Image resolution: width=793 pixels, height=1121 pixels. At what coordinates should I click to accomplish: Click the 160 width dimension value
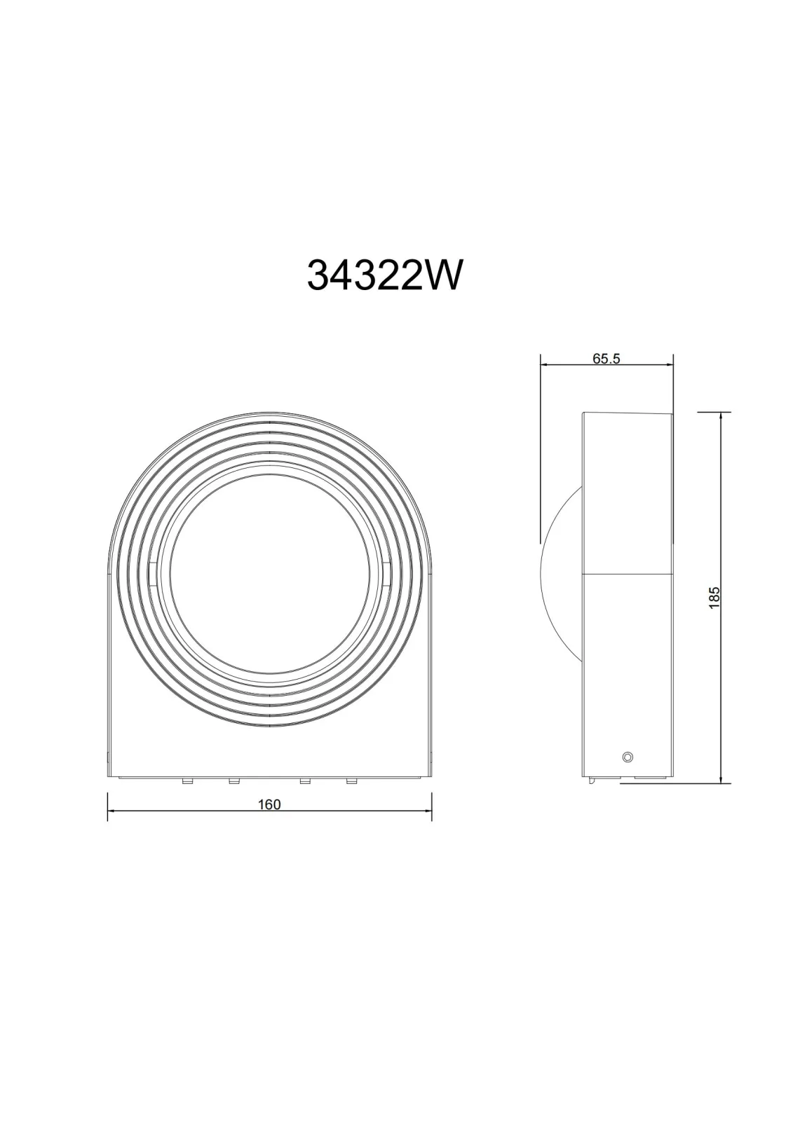pos(269,805)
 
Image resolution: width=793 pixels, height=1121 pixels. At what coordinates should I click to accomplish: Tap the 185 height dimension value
pos(714,597)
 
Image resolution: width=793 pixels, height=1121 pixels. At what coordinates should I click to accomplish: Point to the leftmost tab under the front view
pos(187,780)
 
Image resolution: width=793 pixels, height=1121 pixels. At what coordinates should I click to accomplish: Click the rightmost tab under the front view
pos(351,780)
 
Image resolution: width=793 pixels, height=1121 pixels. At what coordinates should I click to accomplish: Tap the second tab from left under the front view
pos(233,780)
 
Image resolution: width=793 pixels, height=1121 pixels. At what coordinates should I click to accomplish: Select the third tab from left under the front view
pos(304,780)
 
